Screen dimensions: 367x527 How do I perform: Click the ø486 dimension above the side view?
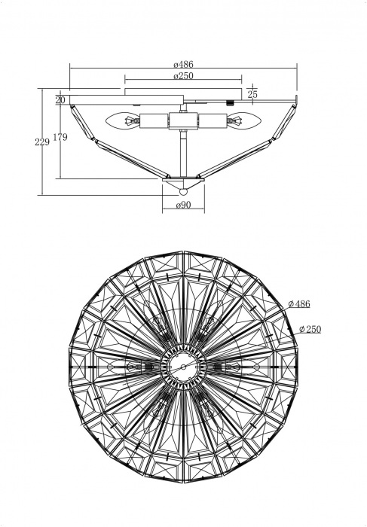[183, 64]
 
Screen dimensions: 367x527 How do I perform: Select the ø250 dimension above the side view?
[183, 76]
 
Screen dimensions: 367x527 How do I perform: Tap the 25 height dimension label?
[252, 94]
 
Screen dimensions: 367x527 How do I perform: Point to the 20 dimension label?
[60, 100]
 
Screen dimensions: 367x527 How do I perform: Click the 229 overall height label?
[42, 142]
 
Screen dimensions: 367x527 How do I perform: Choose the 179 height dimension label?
[60, 137]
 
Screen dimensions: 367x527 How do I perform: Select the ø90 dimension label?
[183, 205]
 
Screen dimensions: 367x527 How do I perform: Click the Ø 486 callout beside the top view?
[299, 304]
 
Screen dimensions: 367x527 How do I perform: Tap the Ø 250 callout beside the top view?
[310, 330]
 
